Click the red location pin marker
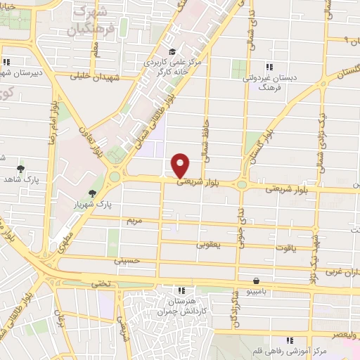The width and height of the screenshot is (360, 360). click(x=181, y=165)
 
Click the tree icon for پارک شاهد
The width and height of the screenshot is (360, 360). click(x=20, y=169)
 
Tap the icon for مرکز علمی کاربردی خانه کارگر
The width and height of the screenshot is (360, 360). click(x=172, y=51)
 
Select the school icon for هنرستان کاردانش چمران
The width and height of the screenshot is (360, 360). click(x=181, y=290)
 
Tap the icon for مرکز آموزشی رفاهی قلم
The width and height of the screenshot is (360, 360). click(x=290, y=340)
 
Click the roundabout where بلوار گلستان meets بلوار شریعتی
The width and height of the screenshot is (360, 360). click(x=242, y=185)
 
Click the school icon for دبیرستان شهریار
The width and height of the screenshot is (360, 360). click(x=6, y=62)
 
